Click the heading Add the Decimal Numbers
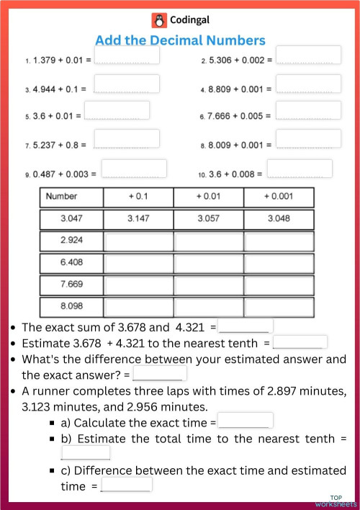click(180, 40)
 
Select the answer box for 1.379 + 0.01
click(127, 55)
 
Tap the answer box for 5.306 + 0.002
click(308, 55)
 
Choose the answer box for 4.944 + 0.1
click(126, 84)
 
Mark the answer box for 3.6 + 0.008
click(300, 169)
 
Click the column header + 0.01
click(209, 197)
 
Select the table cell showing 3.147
click(139, 218)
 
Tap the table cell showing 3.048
click(279, 218)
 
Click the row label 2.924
click(71, 240)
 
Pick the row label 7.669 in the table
click(71, 284)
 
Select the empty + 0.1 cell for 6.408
click(139, 262)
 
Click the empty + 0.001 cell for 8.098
click(279, 306)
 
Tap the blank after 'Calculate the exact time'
click(245, 421)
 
